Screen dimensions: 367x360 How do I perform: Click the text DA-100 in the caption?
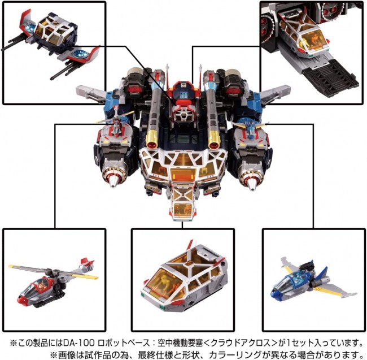(x=79, y=343)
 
